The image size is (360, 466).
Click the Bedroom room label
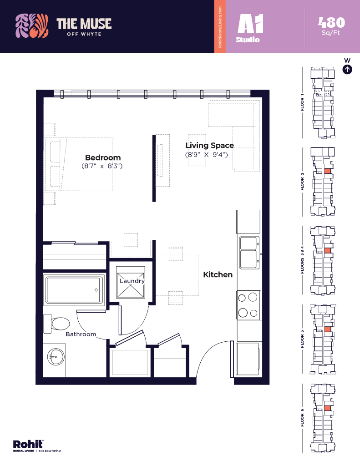click(103, 157)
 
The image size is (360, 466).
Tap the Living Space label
click(209, 146)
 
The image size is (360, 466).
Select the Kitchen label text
click(218, 274)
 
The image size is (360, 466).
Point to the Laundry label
click(132, 281)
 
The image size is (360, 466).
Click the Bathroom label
click(81, 334)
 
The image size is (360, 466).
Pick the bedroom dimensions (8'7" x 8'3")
click(102, 167)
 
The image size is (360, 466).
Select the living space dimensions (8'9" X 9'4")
click(206, 155)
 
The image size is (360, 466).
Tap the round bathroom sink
click(56, 357)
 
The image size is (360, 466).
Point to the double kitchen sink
click(249, 250)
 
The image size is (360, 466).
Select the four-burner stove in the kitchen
click(248, 305)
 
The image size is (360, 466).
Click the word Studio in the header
click(248, 40)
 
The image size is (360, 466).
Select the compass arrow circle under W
click(347, 70)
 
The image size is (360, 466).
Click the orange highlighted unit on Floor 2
click(327, 171)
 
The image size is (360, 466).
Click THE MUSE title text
click(84, 24)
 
